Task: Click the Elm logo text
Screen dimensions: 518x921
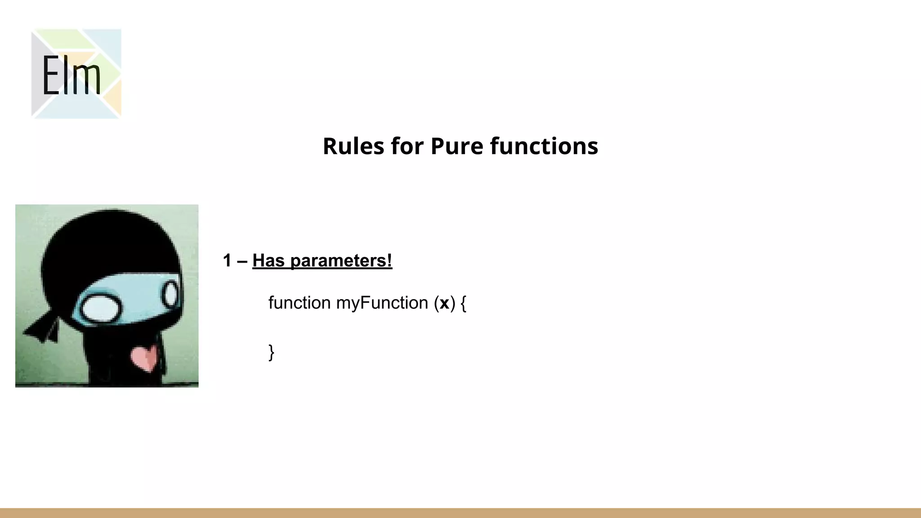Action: click(71, 75)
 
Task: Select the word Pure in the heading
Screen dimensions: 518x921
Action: click(456, 146)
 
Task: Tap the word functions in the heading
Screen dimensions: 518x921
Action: click(544, 146)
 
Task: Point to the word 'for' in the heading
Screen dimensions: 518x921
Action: click(407, 146)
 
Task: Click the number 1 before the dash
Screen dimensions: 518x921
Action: click(227, 261)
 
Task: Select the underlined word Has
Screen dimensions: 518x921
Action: click(268, 261)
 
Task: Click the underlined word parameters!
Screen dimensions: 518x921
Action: click(341, 261)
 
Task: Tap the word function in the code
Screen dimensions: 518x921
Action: click(300, 303)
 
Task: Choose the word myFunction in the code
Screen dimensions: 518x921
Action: click(382, 303)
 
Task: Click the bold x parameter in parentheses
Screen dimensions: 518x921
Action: click(444, 304)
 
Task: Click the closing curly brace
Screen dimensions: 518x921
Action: click(271, 352)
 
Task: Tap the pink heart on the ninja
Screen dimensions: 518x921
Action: click(144, 357)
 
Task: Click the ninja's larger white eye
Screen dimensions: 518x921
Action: click(101, 309)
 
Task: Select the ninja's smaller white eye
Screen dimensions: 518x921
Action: click(170, 295)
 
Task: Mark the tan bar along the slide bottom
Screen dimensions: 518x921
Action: click(460, 513)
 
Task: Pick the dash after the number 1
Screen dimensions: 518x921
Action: click(242, 261)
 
